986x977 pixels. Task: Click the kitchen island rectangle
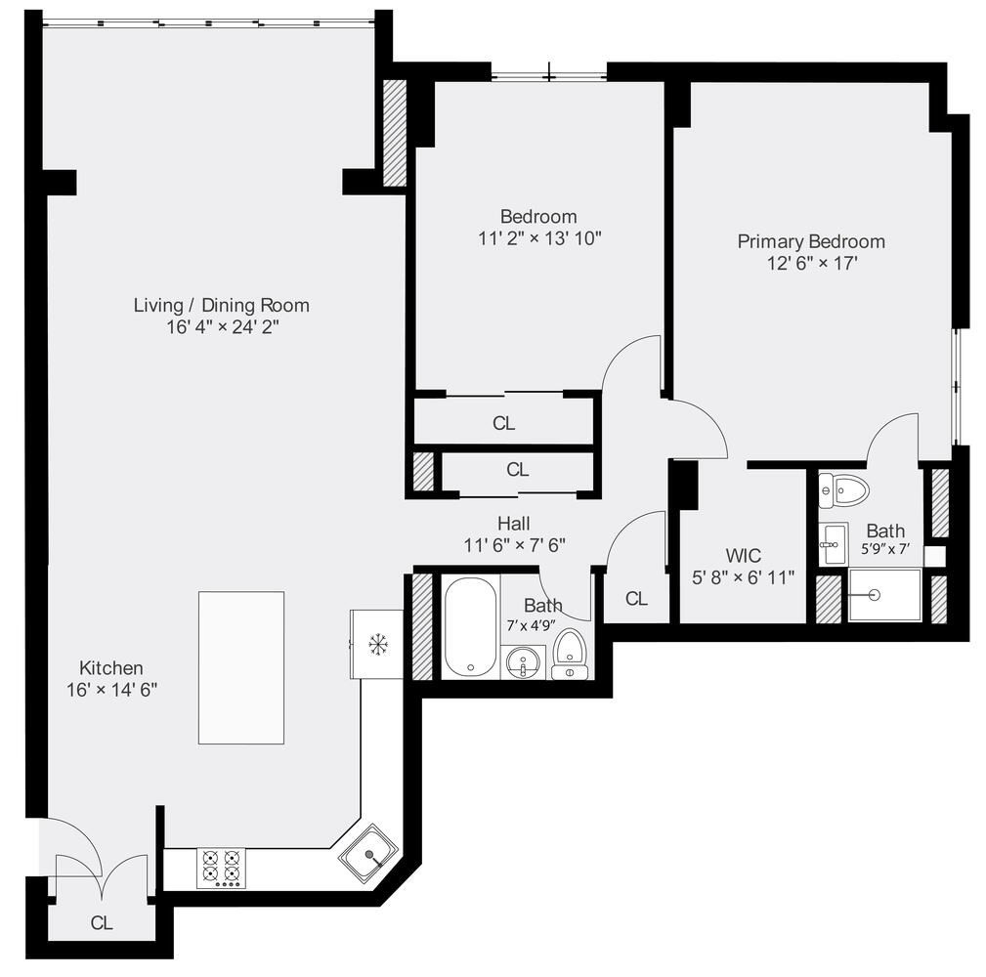(241, 667)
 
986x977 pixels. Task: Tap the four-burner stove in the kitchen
(221, 867)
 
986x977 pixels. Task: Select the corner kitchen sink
(368, 854)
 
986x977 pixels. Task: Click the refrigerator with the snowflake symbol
(377, 644)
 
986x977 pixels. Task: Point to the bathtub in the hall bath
(470, 626)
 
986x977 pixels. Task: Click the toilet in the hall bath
(569, 653)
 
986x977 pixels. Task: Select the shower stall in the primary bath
(884, 595)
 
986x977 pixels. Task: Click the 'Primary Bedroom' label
(811, 241)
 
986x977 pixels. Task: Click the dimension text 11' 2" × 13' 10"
(538, 238)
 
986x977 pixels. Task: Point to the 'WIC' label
(743, 556)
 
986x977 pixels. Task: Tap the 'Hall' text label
(514, 524)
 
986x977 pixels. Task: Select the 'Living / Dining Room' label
(221, 305)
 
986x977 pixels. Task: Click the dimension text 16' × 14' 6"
(110, 689)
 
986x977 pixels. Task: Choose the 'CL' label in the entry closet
(102, 922)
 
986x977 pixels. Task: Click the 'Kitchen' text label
(111, 668)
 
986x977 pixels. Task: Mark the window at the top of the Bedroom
(548, 72)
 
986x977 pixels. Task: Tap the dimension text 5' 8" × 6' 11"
(743, 577)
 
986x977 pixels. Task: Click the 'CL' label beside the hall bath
(636, 599)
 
